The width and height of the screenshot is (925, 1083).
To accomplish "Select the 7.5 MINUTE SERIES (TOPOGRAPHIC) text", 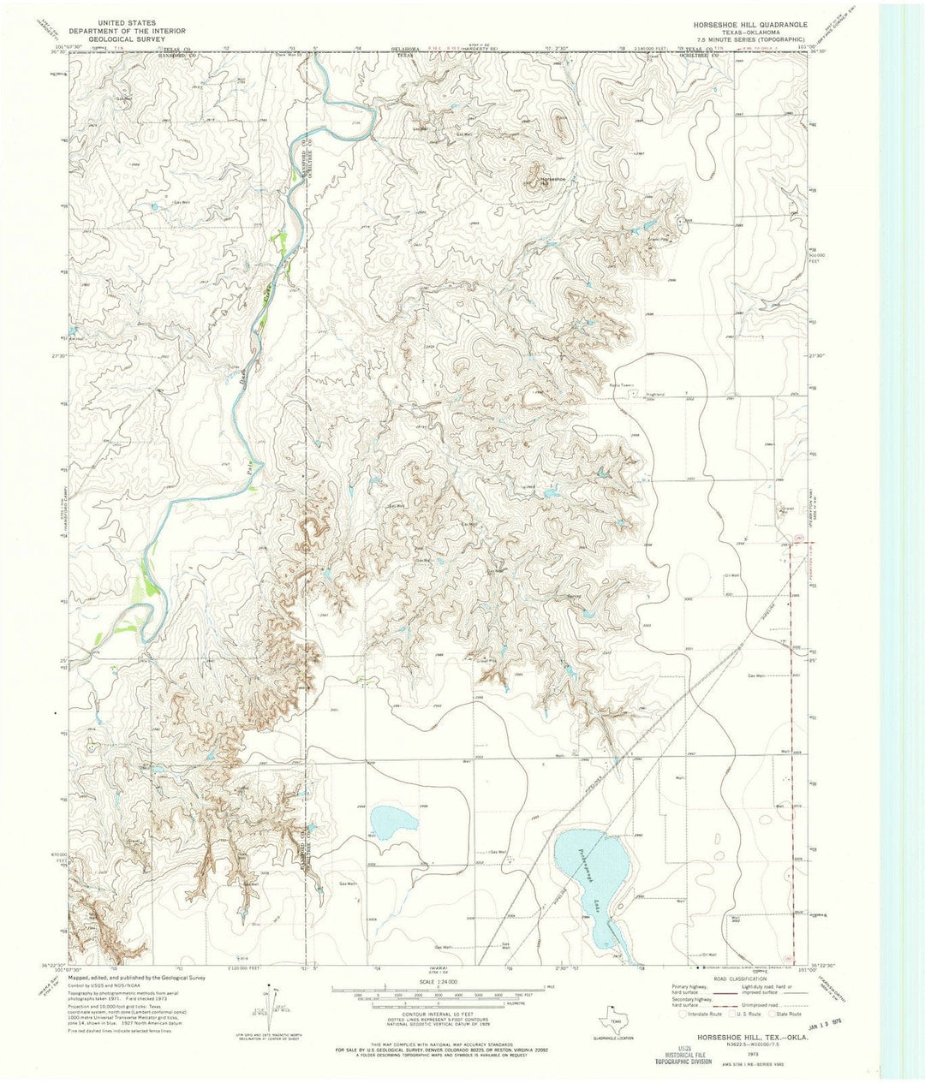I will pos(738,39).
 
